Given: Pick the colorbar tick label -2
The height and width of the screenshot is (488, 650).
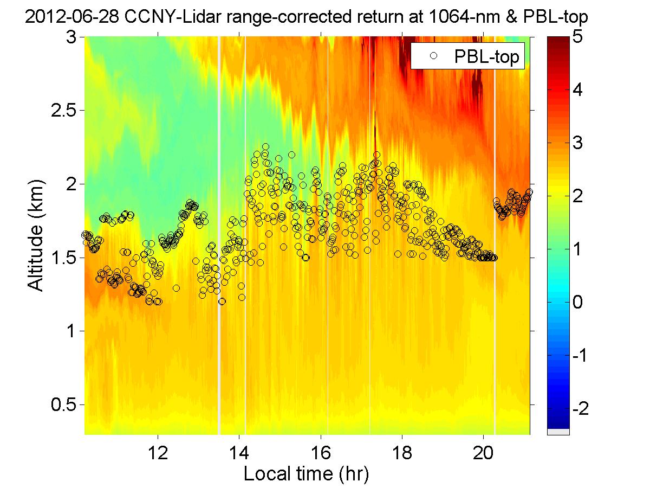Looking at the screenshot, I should tap(583, 408).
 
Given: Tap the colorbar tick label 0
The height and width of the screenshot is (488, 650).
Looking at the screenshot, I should tap(580, 302).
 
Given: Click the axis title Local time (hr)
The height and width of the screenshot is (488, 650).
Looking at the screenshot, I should tap(306, 474).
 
